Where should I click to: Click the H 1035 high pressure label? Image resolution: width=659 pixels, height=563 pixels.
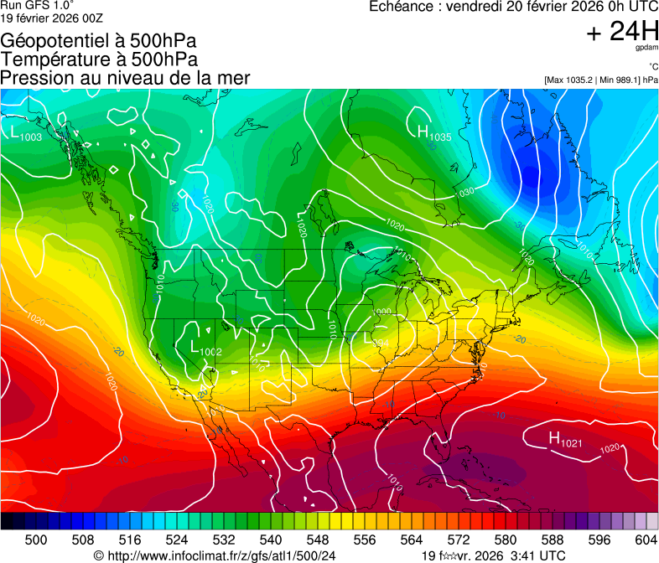point(433,132)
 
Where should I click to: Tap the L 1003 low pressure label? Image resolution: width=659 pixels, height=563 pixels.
point(26,132)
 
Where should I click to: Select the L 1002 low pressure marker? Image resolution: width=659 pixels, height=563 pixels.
point(205,348)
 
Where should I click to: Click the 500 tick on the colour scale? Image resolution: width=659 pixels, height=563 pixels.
point(36,540)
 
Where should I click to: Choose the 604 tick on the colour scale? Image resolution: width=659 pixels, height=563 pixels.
point(646,540)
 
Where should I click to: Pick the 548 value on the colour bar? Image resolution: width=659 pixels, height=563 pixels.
point(318,540)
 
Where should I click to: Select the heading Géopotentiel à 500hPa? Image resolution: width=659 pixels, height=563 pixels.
point(99,41)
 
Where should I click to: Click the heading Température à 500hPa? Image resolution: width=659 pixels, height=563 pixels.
point(99,59)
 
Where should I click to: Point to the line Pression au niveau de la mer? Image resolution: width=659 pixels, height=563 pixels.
point(125,78)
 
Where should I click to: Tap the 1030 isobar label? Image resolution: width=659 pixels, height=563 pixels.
point(465,193)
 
